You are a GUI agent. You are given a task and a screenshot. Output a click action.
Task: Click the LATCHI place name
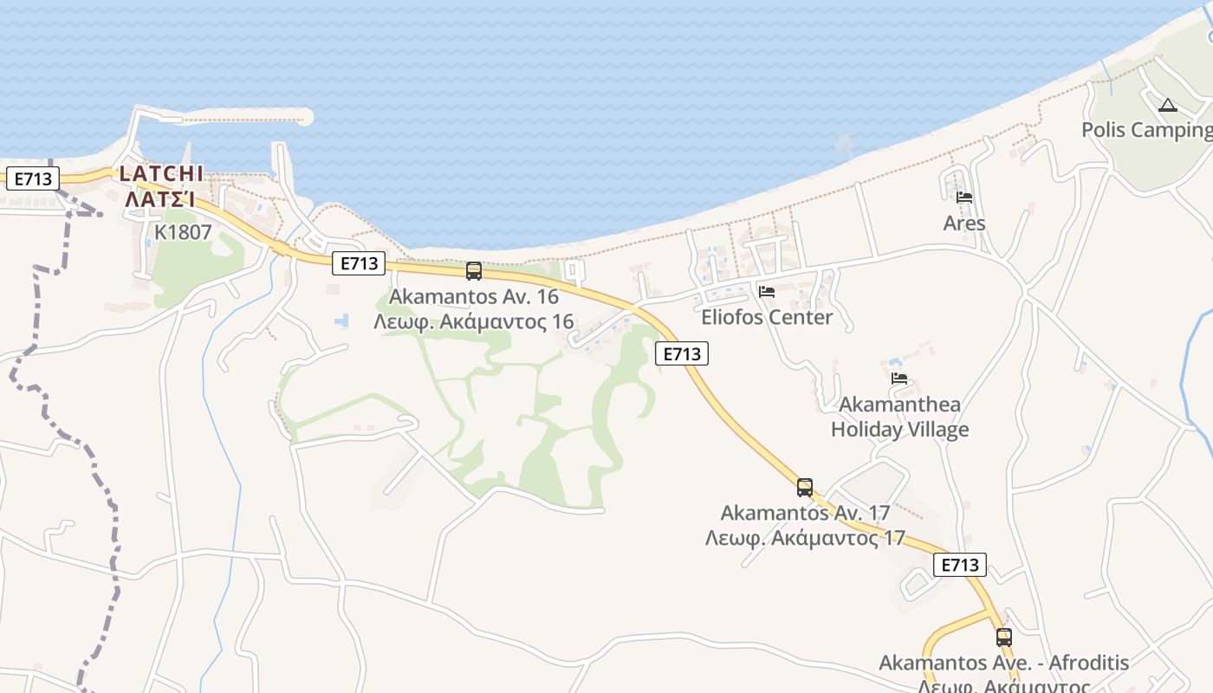(161, 173)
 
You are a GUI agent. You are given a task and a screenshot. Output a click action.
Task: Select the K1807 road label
(183, 232)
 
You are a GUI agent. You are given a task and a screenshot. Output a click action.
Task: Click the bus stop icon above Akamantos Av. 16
(474, 270)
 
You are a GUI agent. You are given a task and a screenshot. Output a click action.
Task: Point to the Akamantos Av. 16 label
(473, 296)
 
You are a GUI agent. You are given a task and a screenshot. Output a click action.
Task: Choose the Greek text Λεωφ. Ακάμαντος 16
(473, 322)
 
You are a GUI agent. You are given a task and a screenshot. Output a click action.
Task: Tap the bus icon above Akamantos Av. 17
(805, 487)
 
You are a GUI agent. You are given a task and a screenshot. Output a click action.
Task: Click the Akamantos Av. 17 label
(805, 513)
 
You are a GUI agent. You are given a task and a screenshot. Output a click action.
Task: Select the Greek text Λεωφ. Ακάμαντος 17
(805, 538)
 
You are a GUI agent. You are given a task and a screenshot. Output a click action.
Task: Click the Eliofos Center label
(767, 317)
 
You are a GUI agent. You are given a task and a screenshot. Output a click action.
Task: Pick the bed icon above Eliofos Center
(767, 292)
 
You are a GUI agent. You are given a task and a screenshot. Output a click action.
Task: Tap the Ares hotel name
(964, 223)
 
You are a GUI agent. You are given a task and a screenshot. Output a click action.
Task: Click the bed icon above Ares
(964, 198)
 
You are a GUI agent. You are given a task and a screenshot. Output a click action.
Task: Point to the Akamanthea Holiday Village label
(899, 417)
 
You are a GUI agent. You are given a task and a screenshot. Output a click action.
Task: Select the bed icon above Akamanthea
(899, 379)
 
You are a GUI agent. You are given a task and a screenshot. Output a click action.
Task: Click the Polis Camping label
(1146, 130)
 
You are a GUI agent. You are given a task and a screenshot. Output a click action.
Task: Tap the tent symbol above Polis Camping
(1167, 106)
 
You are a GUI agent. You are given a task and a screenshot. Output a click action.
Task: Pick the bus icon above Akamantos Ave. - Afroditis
(1004, 638)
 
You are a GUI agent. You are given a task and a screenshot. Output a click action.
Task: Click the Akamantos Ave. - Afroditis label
(1003, 664)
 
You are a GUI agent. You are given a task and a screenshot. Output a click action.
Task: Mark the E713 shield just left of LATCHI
(32, 179)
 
